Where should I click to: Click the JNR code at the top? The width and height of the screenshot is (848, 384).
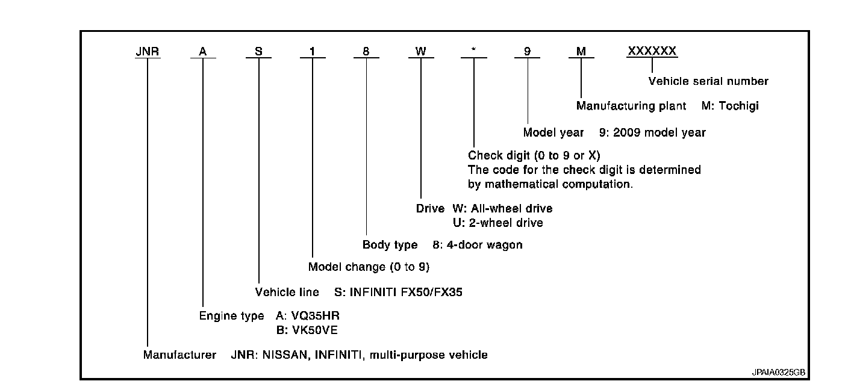pyautogui.click(x=148, y=52)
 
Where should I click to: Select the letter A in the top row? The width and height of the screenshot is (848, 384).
pyautogui.click(x=203, y=52)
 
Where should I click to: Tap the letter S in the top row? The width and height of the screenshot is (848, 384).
pyautogui.click(x=258, y=52)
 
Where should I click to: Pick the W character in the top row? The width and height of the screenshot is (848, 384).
pyautogui.click(x=421, y=52)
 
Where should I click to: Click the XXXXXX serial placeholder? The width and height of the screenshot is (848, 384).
pyautogui.click(x=652, y=52)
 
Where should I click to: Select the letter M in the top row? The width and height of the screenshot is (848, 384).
pyautogui.click(x=581, y=52)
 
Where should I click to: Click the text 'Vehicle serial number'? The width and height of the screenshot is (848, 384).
pyautogui.click(x=708, y=81)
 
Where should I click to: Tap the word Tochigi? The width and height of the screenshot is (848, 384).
pyautogui.click(x=739, y=107)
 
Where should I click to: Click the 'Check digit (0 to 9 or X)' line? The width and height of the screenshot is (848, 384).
pyautogui.click(x=534, y=156)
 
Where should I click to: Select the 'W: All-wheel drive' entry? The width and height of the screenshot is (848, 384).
pyautogui.click(x=502, y=209)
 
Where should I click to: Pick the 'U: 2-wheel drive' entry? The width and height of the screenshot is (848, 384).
pyautogui.click(x=497, y=223)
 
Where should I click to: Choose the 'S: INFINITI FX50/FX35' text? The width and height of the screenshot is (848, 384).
pyautogui.click(x=398, y=293)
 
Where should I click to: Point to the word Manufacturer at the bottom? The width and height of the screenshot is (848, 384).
pyautogui.click(x=179, y=355)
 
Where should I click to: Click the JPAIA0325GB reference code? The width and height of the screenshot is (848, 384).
pyautogui.click(x=778, y=373)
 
